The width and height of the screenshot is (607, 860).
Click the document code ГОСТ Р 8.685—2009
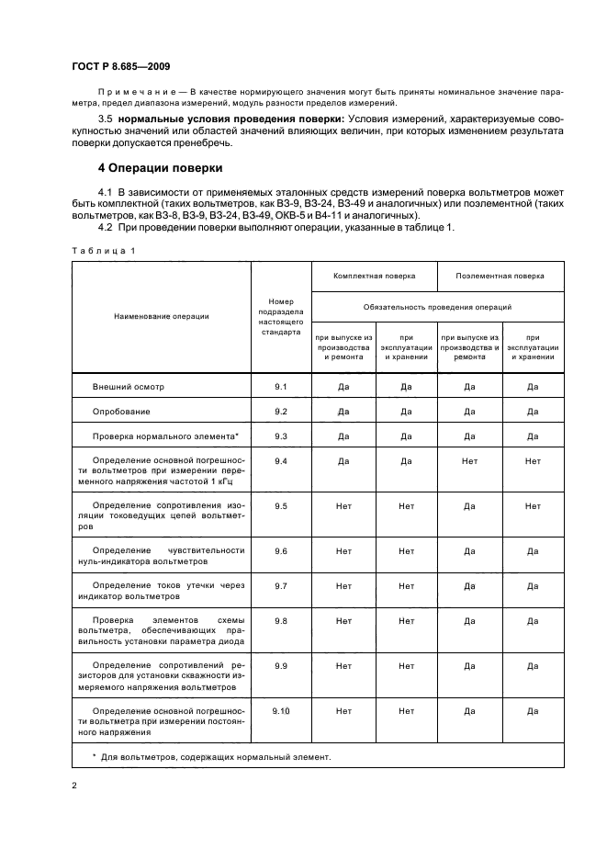click(x=118, y=67)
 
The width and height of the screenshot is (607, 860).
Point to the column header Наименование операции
click(x=162, y=316)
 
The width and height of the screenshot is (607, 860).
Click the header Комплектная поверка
click(x=375, y=276)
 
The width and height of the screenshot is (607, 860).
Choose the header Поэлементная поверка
click(x=500, y=276)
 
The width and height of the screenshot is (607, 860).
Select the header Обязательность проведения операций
click(x=437, y=306)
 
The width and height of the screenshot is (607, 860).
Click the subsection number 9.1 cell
click(x=281, y=387)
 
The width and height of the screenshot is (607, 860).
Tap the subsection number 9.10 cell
click(x=281, y=711)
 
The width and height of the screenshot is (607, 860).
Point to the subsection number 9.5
click(x=281, y=506)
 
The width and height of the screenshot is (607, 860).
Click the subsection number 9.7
click(x=281, y=585)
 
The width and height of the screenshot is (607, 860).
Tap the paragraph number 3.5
click(x=106, y=119)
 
